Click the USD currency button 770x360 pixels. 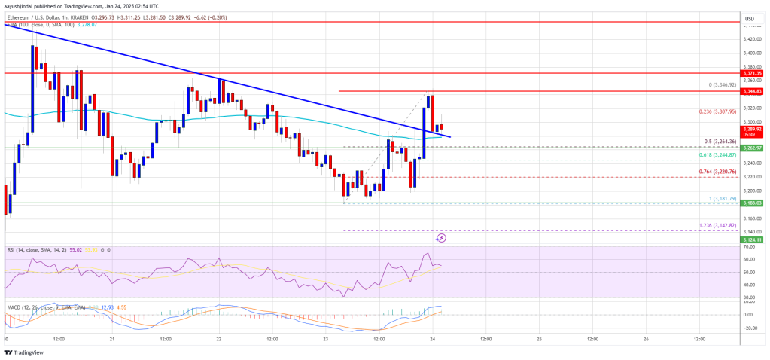pos(749,17)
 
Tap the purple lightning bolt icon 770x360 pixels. pos(442,238)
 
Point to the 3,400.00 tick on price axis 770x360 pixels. pos(750,53)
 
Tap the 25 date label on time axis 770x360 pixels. pos(539,340)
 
